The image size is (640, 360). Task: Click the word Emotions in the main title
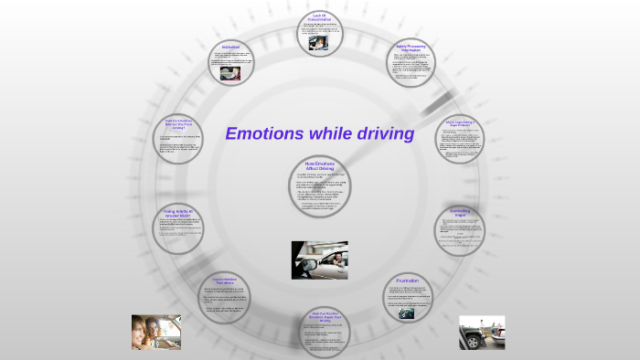pos(263,134)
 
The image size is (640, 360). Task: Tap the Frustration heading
pos(408,280)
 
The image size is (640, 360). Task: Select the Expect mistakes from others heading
pos(229,280)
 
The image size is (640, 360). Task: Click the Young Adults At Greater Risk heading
pos(181,212)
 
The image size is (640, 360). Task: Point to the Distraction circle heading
pos(230,47)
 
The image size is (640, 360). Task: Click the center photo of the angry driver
pos(319,259)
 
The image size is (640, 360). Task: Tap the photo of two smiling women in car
pos(155,333)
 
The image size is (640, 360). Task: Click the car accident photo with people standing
pos(482,333)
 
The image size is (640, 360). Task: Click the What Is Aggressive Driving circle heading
pos(459,122)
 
